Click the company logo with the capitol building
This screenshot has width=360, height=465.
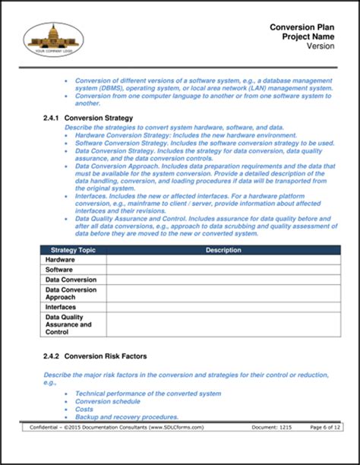(55, 40)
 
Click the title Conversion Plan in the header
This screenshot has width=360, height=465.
(303, 27)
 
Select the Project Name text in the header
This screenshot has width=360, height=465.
(308, 36)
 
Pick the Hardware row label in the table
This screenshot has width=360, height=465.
(60, 259)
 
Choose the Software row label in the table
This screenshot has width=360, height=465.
(59, 270)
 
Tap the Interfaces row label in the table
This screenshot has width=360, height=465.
(62, 306)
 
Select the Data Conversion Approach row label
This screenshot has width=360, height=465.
(71, 293)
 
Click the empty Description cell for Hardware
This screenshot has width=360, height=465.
(223, 259)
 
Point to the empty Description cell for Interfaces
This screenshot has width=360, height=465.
(223, 306)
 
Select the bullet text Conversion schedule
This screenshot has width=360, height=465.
(108, 401)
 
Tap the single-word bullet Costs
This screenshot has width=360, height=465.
(84, 409)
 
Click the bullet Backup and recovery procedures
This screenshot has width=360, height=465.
(127, 416)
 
